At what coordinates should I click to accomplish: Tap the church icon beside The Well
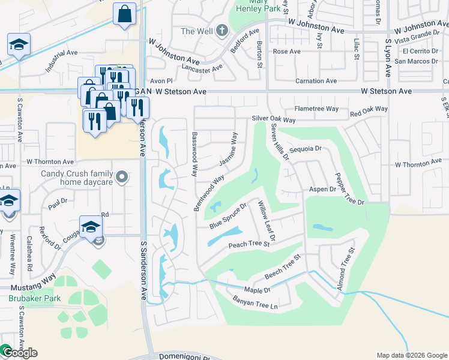pyautogui.click(x=221, y=30)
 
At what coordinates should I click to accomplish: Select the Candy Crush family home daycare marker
pyautogui.click(x=122, y=177)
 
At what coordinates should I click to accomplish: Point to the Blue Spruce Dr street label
pyautogui.click(x=228, y=217)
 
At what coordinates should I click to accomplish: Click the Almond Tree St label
pyautogui.click(x=346, y=269)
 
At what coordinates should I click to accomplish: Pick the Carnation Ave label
pyautogui.click(x=315, y=81)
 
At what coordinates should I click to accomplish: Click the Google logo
pyautogui.click(x=20, y=353)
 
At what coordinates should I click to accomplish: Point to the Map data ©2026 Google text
pyautogui.click(x=411, y=355)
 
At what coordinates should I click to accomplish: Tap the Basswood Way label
pyautogui.click(x=194, y=154)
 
